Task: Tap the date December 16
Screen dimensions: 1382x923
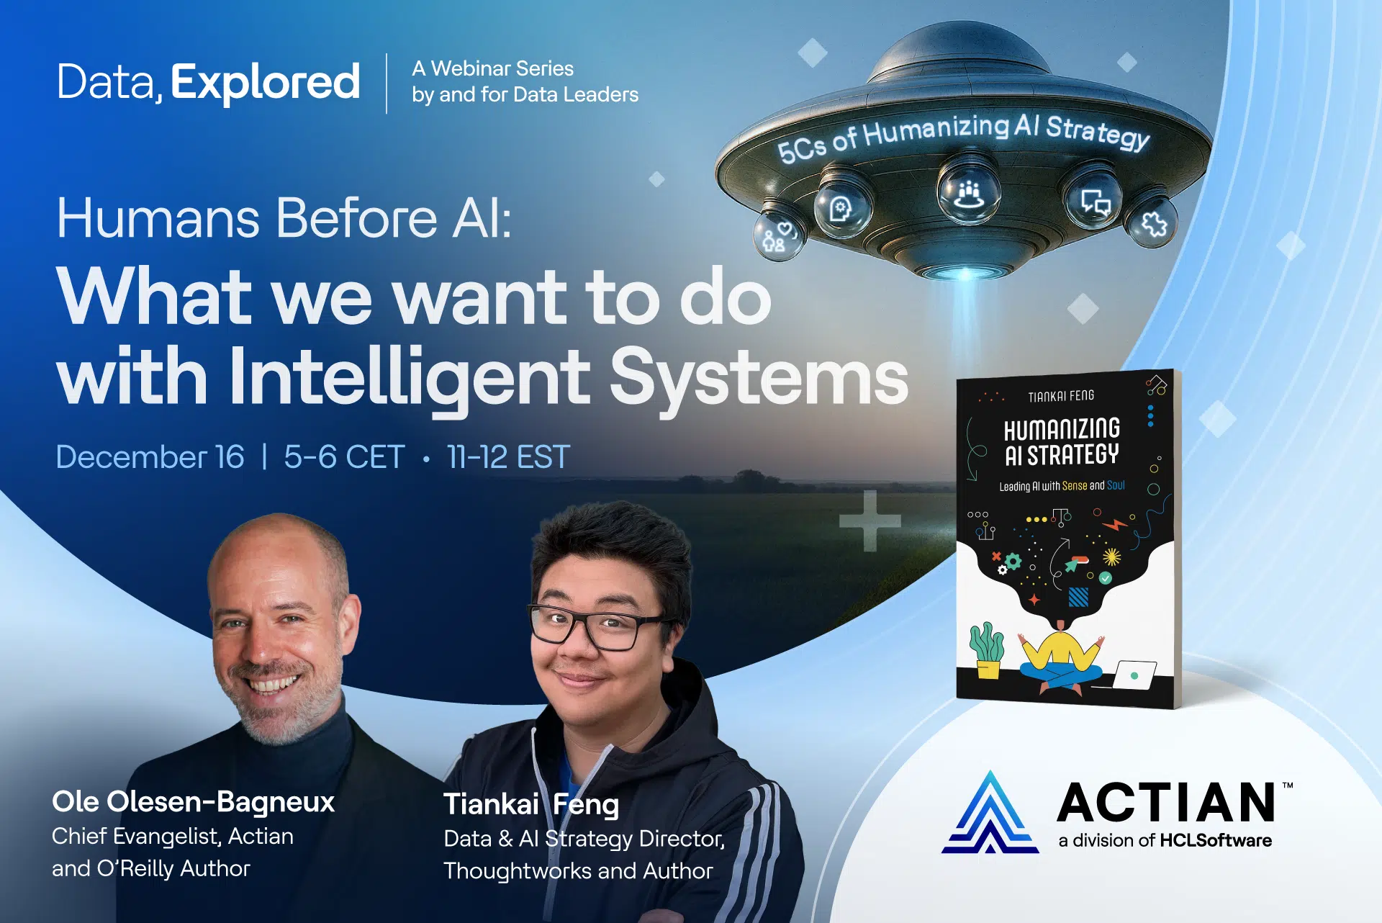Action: pos(150,457)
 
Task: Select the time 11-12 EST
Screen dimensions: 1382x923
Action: pos(508,457)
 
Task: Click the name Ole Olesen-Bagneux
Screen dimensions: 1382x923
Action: pos(193,801)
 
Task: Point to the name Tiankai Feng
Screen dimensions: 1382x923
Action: pos(531,804)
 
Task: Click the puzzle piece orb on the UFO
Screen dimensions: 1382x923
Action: pos(1154,224)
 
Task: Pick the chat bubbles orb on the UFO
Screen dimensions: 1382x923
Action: pos(1094,201)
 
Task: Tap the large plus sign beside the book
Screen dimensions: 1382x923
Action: pos(870,521)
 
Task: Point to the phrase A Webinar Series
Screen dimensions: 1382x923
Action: pos(493,69)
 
